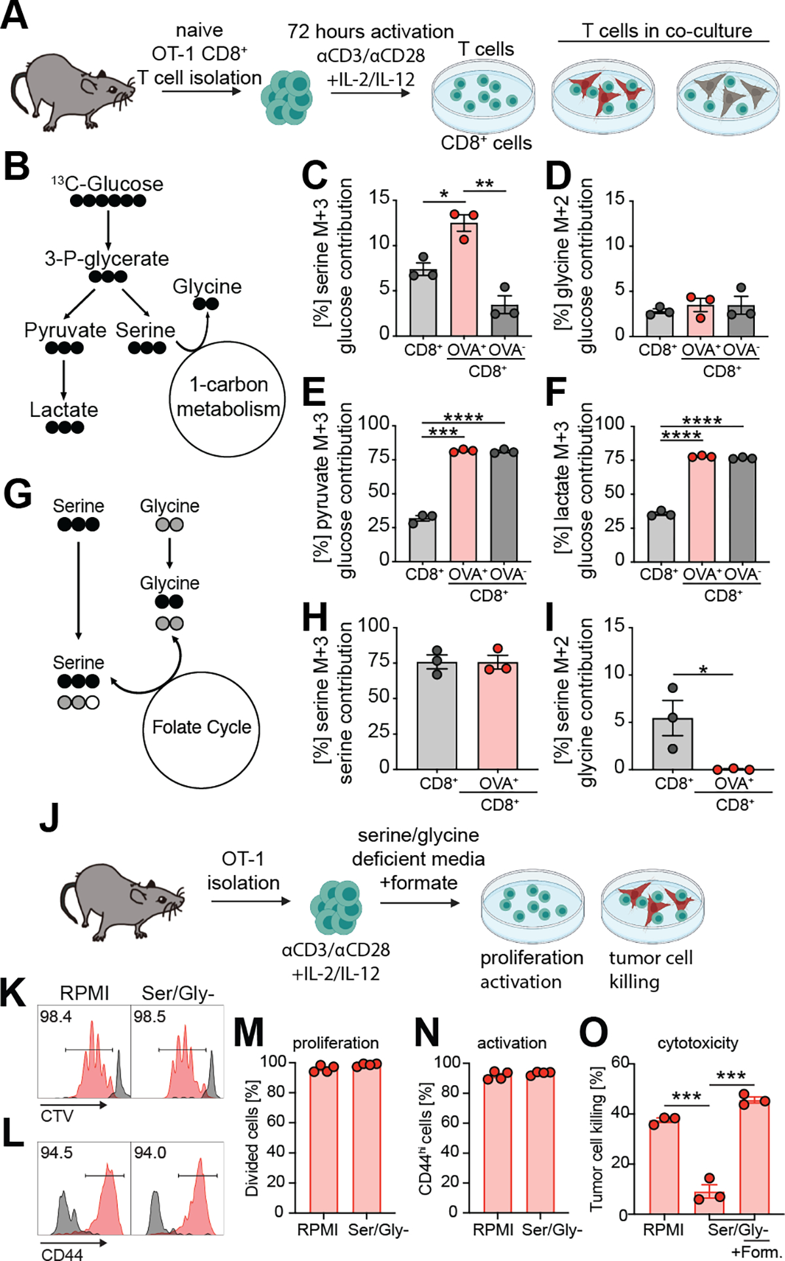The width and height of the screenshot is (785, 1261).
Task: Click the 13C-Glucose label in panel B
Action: tap(107, 184)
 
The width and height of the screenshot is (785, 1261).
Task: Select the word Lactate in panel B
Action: tap(63, 410)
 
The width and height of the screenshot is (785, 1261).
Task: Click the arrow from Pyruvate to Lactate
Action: tap(63, 378)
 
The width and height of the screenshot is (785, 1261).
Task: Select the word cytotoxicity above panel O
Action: tap(697, 1043)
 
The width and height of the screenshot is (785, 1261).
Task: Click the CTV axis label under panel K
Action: tap(57, 1116)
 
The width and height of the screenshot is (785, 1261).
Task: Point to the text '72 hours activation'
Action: tap(370, 31)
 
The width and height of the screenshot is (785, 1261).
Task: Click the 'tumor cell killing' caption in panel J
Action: tap(650, 969)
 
